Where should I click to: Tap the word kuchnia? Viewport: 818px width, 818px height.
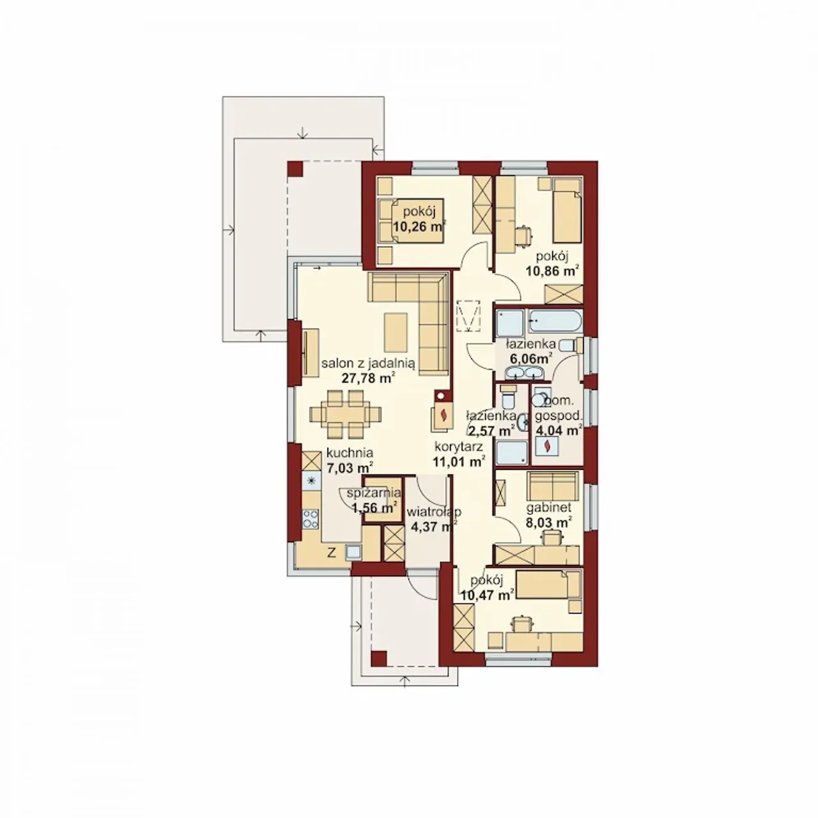click(350, 452)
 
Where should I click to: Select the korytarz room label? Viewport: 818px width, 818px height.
click(458, 447)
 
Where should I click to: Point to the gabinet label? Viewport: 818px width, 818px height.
click(548, 507)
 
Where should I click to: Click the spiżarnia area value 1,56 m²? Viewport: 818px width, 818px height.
click(374, 507)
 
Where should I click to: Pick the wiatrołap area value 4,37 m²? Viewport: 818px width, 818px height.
click(433, 527)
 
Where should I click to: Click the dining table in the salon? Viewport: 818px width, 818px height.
click(345, 414)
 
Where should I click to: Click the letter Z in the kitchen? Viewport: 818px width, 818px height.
click(332, 553)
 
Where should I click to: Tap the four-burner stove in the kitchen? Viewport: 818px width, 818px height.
click(311, 519)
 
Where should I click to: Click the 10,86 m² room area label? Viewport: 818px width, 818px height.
click(553, 270)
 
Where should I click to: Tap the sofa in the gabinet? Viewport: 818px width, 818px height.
click(553, 486)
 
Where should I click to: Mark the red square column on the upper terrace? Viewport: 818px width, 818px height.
click(295, 169)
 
